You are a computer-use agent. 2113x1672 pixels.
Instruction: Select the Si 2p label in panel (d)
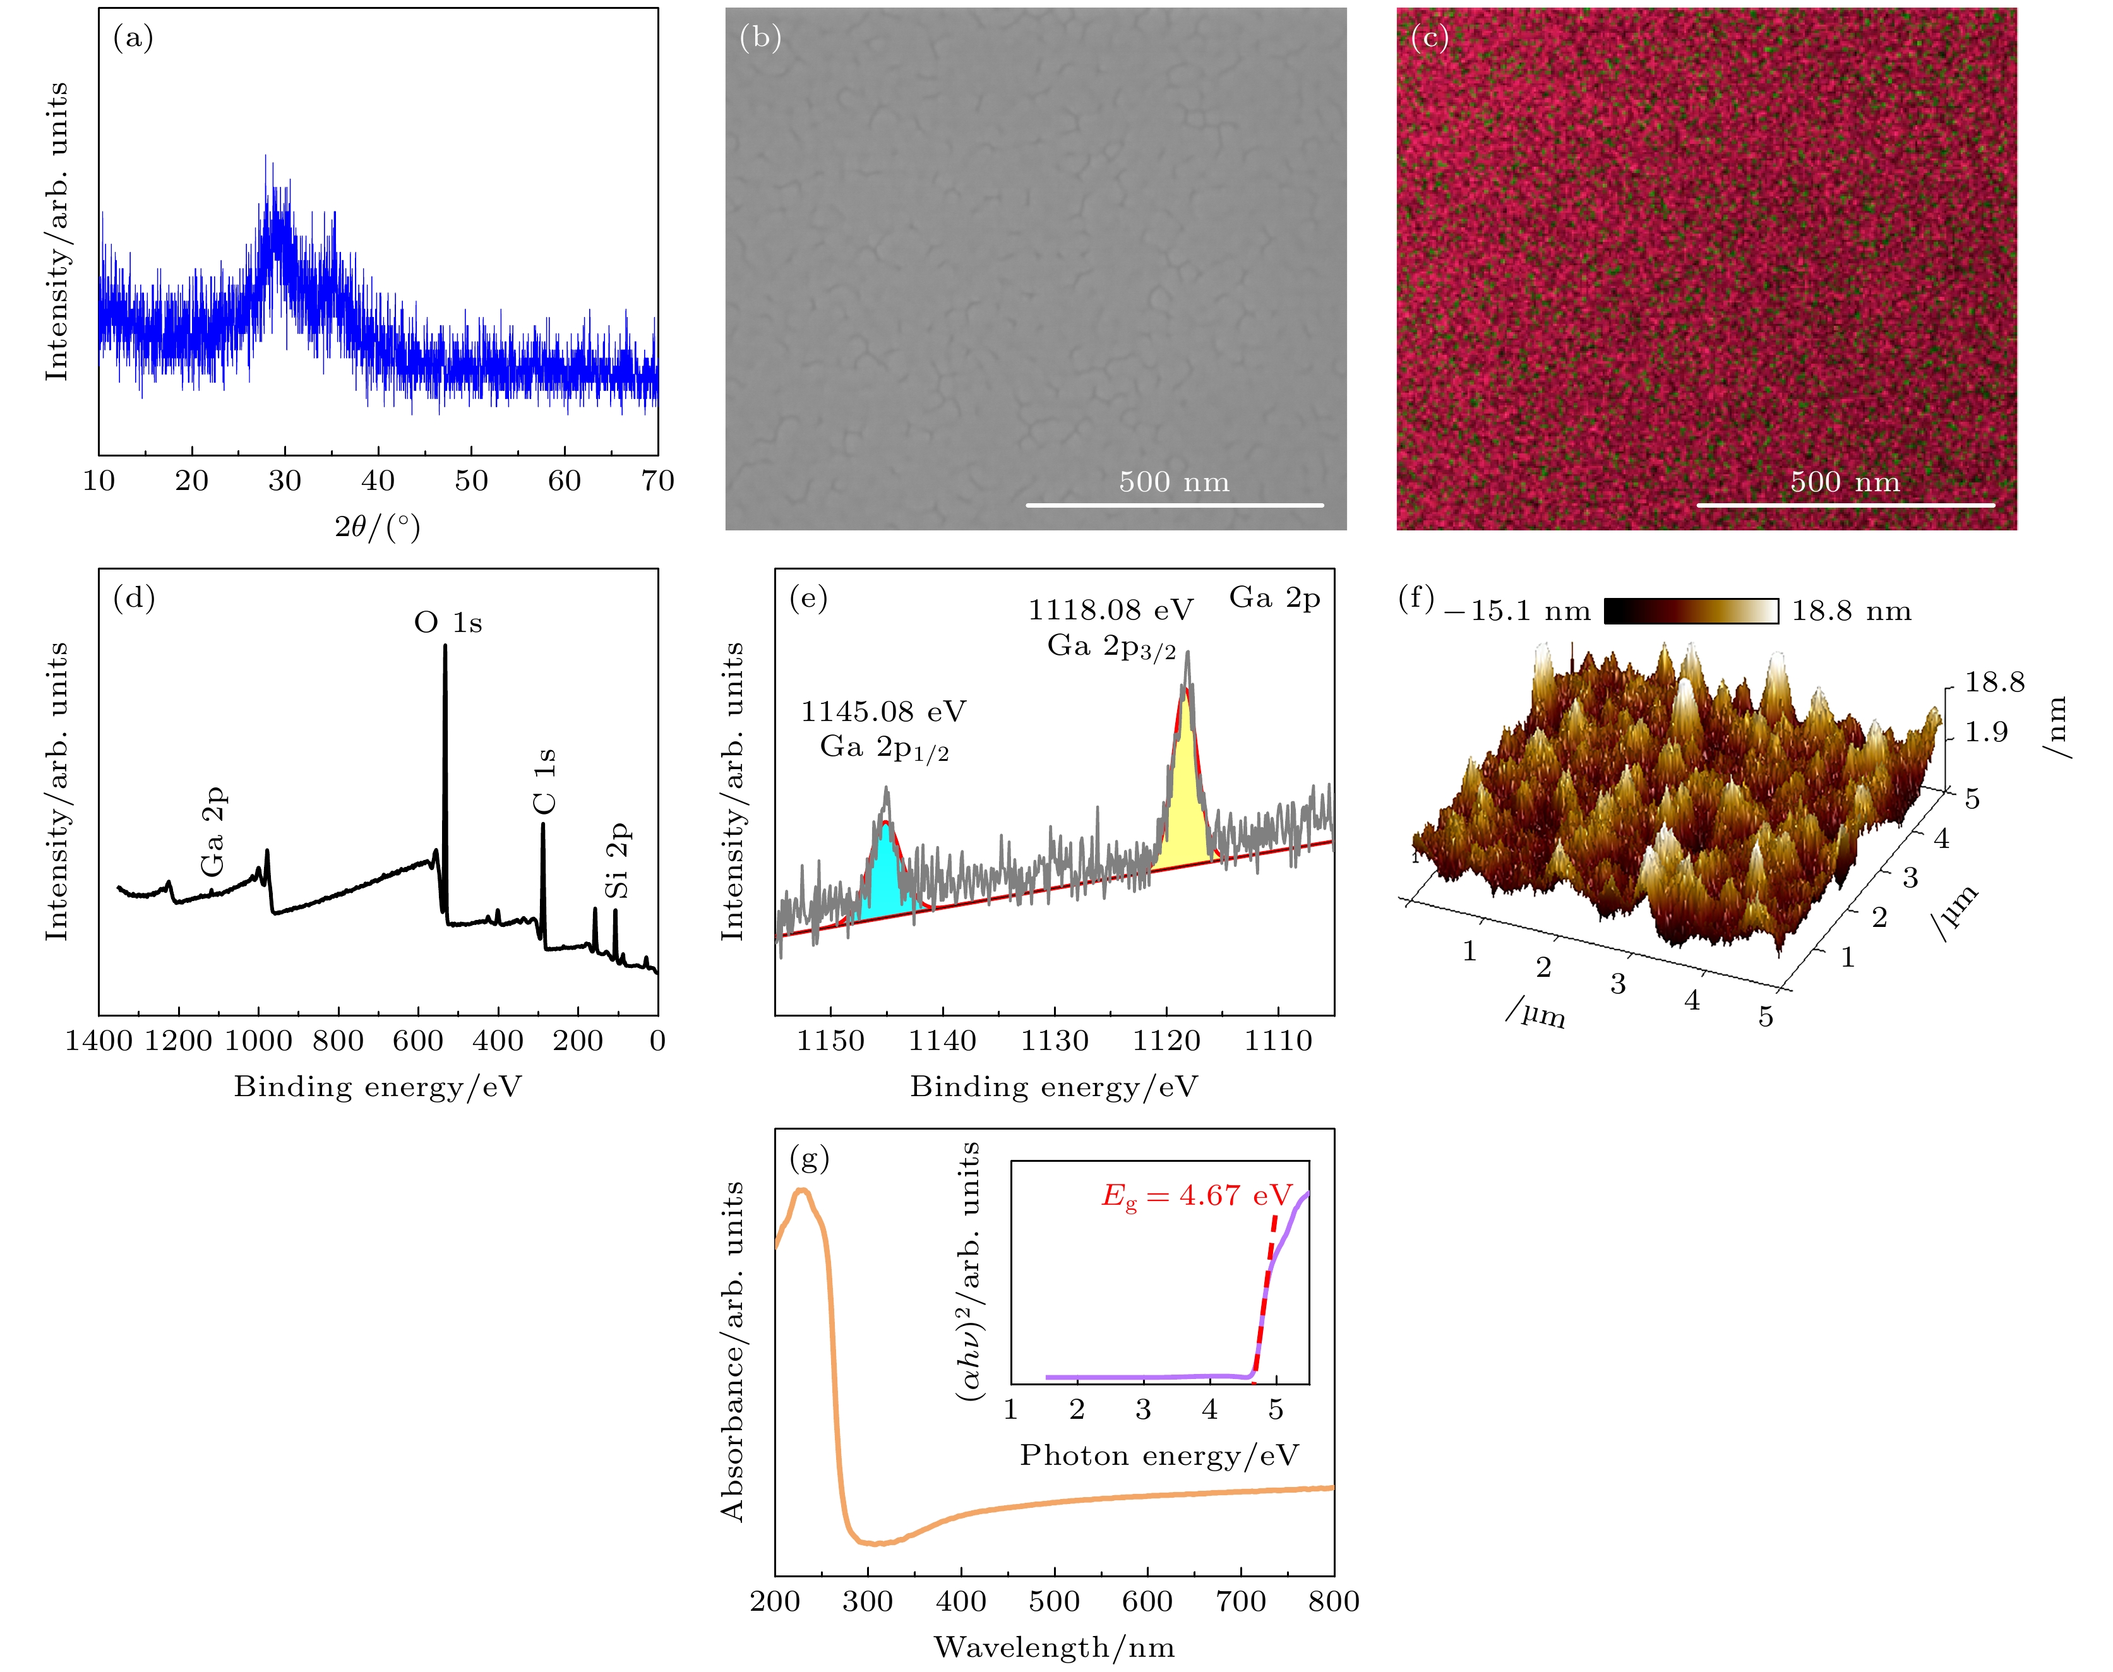tap(617, 861)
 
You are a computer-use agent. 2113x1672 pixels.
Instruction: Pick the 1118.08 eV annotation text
tap(1110, 611)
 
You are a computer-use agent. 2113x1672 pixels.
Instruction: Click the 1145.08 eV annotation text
tap(883, 712)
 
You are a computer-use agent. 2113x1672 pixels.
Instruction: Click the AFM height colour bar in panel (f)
tap(1691, 611)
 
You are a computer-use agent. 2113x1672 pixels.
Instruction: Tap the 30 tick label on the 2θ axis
tap(285, 481)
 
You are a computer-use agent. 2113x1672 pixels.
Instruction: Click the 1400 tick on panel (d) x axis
tap(99, 1041)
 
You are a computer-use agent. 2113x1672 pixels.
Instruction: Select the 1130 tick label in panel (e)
tap(1055, 1041)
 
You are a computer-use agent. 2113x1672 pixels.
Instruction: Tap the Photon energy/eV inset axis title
tap(1159, 1455)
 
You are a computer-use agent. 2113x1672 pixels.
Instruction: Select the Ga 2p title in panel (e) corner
tap(1274, 598)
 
